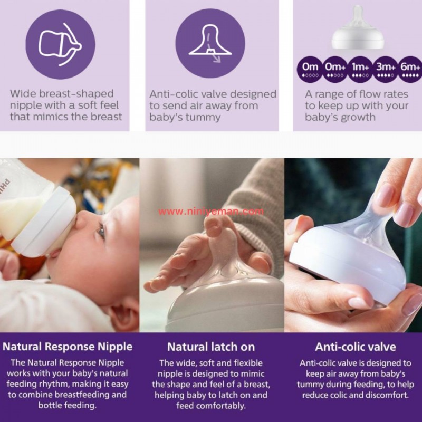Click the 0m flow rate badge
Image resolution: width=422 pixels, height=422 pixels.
[x=310, y=69]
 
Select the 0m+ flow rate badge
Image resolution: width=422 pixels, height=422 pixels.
[x=335, y=69]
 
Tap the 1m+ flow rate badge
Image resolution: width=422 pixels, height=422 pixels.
[x=360, y=69]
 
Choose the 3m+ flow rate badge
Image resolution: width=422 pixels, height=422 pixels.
[x=386, y=69]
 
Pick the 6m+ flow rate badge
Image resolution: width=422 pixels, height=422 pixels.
[x=410, y=69]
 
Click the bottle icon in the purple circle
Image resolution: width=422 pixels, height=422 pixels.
[x=60, y=44]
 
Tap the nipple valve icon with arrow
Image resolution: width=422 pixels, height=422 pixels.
[x=210, y=43]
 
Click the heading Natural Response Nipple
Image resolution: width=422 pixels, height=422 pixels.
[x=68, y=347]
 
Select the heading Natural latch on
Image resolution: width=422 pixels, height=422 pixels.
[x=211, y=347]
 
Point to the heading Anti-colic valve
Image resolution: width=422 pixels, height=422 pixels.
[x=355, y=347]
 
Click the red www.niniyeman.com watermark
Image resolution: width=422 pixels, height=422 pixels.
[x=211, y=212]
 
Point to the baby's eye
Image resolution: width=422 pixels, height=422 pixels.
[x=101, y=231]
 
